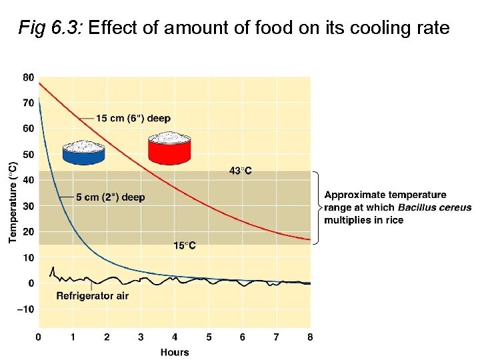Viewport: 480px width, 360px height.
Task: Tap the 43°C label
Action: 241,171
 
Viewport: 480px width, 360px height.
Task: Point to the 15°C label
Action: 185,245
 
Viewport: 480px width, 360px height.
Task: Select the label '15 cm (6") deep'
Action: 133,118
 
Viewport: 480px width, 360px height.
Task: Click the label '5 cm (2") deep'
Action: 110,197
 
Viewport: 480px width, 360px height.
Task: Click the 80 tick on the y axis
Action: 28,77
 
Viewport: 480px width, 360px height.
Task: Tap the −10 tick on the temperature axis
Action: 25,309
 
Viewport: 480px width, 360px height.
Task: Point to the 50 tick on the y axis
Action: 28,155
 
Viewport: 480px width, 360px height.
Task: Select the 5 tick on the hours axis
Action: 209,337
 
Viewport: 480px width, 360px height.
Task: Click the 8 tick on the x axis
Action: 310,337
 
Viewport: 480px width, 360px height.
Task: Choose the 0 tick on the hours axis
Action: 39,337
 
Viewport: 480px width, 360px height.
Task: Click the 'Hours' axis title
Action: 175,352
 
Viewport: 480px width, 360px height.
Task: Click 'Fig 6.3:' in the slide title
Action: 50,28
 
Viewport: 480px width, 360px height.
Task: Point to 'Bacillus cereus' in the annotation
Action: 435,207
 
